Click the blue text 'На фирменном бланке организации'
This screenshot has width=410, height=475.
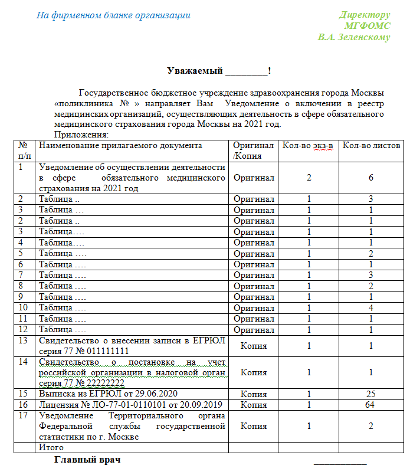(x=113, y=15)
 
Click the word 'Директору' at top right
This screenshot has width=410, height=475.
(x=365, y=15)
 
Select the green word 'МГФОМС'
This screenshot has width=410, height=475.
(x=368, y=26)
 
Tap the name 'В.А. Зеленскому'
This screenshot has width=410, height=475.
(x=354, y=37)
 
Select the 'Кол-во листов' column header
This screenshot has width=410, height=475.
(x=372, y=146)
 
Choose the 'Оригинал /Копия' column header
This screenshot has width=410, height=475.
(x=254, y=150)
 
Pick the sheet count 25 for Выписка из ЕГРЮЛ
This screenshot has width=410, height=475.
(x=371, y=394)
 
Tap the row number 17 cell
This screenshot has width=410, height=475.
(x=24, y=416)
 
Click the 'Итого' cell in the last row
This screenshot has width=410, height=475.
(x=51, y=448)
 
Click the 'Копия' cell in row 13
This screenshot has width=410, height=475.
(x=254, y=345)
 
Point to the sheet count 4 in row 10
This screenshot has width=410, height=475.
(x=371, y=307)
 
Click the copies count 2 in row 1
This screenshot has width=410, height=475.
(x=309, y=177)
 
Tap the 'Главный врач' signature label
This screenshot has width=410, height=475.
(x=87, y=459)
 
